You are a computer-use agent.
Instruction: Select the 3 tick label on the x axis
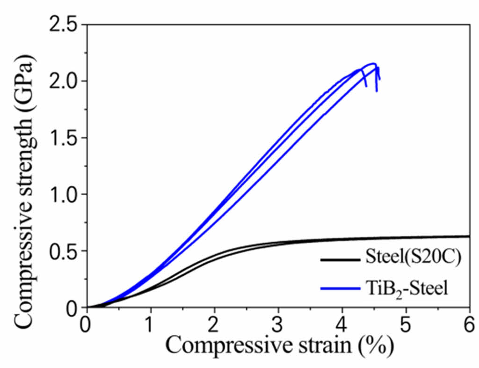[278, 323]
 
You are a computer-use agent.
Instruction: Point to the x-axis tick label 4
[342, 323]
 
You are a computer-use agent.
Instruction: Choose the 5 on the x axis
[406, 323]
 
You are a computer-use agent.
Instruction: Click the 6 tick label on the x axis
[470, 323]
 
